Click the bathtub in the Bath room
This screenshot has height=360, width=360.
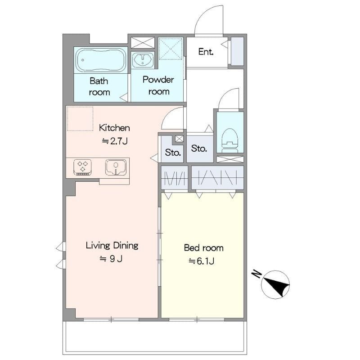101,60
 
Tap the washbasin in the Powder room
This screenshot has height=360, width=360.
143,60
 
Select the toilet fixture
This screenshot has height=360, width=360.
230,140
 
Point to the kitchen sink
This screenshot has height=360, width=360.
116,167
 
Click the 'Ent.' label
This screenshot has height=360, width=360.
206,52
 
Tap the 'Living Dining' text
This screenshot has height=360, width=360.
112,245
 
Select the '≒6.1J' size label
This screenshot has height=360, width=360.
201,261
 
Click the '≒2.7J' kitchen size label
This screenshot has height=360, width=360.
115,141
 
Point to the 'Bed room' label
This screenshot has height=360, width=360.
204,248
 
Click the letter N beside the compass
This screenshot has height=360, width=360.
256,274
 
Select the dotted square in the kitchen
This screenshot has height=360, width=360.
80,118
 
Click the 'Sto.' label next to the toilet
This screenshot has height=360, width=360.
199,148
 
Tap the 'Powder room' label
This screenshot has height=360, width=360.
158,85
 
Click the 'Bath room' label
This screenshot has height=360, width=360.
99,86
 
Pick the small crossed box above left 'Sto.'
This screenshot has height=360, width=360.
179,139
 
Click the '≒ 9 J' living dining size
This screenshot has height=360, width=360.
111,259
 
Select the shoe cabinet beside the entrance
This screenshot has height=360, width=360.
237,51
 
